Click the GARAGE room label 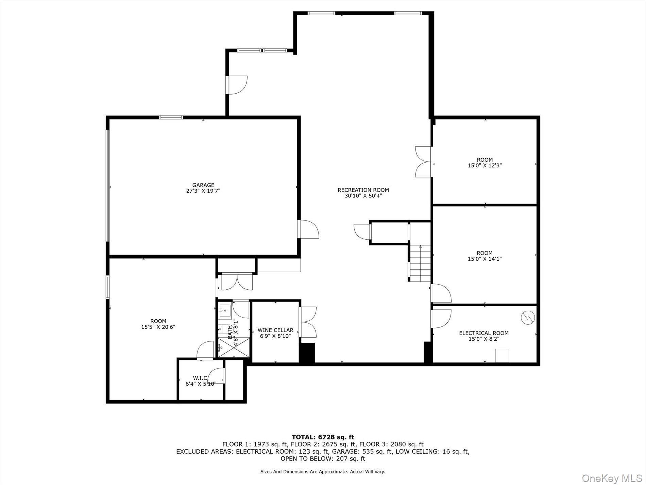203,185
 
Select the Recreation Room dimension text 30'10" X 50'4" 363,196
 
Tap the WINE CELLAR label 275,330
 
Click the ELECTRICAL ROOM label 483,333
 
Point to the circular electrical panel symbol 528,318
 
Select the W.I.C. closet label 200,378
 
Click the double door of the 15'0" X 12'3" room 424,162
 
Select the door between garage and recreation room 308,229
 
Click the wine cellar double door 308,322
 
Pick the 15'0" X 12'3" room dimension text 485,165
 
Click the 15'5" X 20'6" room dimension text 158,327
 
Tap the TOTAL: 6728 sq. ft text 323,437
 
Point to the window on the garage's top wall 171,117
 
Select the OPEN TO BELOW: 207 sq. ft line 323,458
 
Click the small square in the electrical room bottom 502,356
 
